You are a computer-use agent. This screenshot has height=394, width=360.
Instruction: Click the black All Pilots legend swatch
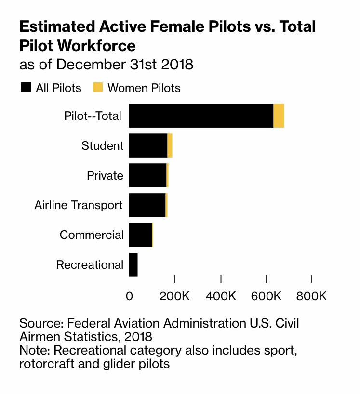[x=26, y=88]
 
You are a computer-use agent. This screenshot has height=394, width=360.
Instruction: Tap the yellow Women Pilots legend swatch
[x=98, y=88]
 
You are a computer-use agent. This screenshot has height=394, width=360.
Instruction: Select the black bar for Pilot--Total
[x=201, y=116]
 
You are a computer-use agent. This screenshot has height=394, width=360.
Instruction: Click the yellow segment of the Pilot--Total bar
[x=279, y=116]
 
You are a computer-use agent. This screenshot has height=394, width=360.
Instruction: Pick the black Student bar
[x=148, y=145]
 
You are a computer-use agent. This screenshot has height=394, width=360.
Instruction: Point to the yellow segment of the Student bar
[x=170, y=145]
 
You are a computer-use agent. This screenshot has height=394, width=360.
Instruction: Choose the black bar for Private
[x=147, y=175]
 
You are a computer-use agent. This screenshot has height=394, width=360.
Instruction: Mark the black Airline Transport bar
[x=147, y=205]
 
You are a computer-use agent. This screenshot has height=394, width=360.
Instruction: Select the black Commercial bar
[x=140, y=235]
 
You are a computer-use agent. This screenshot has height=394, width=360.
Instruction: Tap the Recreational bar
[x=133, y=265]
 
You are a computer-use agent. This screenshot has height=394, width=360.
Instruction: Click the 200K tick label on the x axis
[x=174, y=295]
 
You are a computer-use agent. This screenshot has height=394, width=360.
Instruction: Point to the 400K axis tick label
[x=220, y=295]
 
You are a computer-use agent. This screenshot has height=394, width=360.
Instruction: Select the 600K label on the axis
[x=266, y=295]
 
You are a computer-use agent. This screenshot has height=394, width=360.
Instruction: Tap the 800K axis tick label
[x=312, y=295]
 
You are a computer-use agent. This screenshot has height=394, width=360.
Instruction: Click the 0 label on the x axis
[x=129, y=295]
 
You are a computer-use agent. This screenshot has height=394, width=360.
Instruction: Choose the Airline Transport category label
[x=79, y=205]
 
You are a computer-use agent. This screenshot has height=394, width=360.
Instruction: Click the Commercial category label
[x=92, y=235]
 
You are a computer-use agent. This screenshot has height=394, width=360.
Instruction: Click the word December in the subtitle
[x=91, y=64]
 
